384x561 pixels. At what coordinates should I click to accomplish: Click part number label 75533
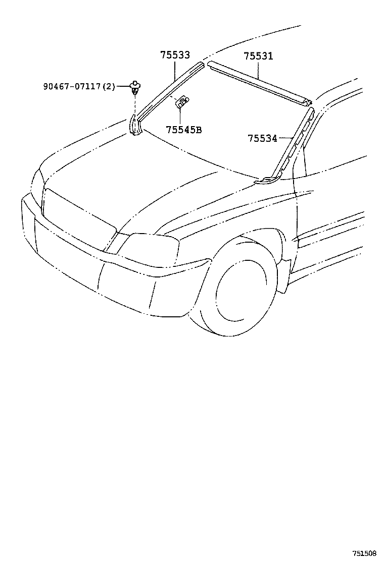(175, 55)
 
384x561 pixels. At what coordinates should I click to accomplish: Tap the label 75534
(262, 138)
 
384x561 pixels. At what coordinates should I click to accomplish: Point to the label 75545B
(183, 130)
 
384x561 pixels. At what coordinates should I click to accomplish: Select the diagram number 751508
(364, 553)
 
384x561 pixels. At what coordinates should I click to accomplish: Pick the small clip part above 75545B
(181, 103)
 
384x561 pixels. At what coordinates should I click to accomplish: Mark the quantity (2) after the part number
(109, 87)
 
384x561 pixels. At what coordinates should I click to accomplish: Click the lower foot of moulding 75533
(135, 126)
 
